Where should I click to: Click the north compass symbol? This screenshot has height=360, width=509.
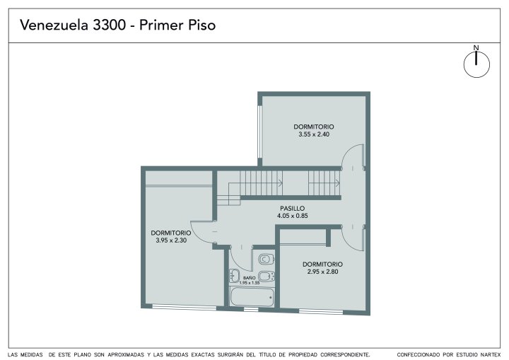click(x=476, y=64)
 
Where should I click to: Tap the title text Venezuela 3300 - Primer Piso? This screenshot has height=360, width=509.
click(x=117, y=25)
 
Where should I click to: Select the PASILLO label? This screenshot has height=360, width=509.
click(x=293, y=208)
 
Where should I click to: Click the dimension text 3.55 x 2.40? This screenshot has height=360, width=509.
click(x=314, y=134)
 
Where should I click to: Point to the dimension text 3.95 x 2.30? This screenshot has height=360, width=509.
click(x=171, y=240)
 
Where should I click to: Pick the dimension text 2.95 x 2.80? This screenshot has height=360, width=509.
click(x=322, y=272)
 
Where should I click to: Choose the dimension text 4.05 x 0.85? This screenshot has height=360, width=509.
click(x=293, y=216)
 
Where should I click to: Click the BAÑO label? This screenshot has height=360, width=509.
click(x=250, y=278)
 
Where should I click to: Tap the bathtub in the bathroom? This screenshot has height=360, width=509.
click(x=252, y=296)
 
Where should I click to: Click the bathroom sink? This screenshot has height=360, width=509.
click(x=235, y=276)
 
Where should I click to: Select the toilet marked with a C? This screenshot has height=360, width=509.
click(x=267, y=259)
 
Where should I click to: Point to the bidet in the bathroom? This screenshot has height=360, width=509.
click(x=267, y=277)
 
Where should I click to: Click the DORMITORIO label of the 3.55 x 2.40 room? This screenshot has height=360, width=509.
click(x=314, y=127)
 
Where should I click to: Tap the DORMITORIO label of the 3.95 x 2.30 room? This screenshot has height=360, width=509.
click(x=171, y=233)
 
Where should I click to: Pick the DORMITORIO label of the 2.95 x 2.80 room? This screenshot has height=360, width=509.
click(x=322, y=264)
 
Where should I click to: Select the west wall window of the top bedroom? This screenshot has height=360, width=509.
click(x=259, y=132)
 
